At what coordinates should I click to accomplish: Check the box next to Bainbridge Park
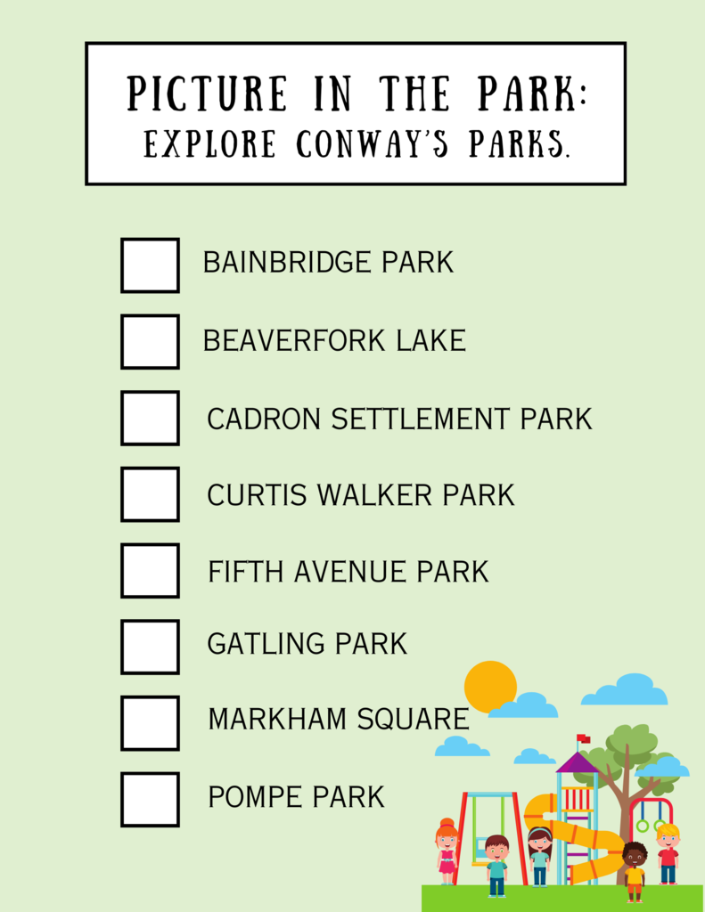pyautogui.click(x=151, y=265)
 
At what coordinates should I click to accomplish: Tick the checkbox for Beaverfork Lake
pyautogui.click(x=151, y=341)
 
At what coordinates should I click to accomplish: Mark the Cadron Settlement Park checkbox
pyautogui.click(x=151, y=419)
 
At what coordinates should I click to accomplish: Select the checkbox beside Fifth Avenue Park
pyautogui.click(x=151, y=571)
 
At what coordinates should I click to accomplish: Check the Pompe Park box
pyautogui.click(x=151, y=800)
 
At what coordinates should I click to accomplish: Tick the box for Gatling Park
pyautogui.click(x=151, y=647)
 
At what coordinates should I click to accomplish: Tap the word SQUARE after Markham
pyautogui.click(x=413, y=719)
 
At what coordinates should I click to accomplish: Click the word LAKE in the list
pyautogui.click(x=431, y=341)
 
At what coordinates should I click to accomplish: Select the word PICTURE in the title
pyautogui.click(x=208, y=93)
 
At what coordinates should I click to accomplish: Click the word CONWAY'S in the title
pyautogui.click(x=373, y=143)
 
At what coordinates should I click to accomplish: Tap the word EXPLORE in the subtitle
pyautogui.click(x=210, y=143)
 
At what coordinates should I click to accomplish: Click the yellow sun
pyautogui.click(x=490, y=687)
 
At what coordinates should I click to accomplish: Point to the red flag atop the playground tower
pyautogui.click(x=583, y=738)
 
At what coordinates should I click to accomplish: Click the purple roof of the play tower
pyautogui.click(x=577, y=762)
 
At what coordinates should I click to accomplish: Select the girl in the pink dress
pyautogui.click(x=447, y=851)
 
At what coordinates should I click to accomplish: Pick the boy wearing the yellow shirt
pyautogui.click(x=634, y=871)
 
